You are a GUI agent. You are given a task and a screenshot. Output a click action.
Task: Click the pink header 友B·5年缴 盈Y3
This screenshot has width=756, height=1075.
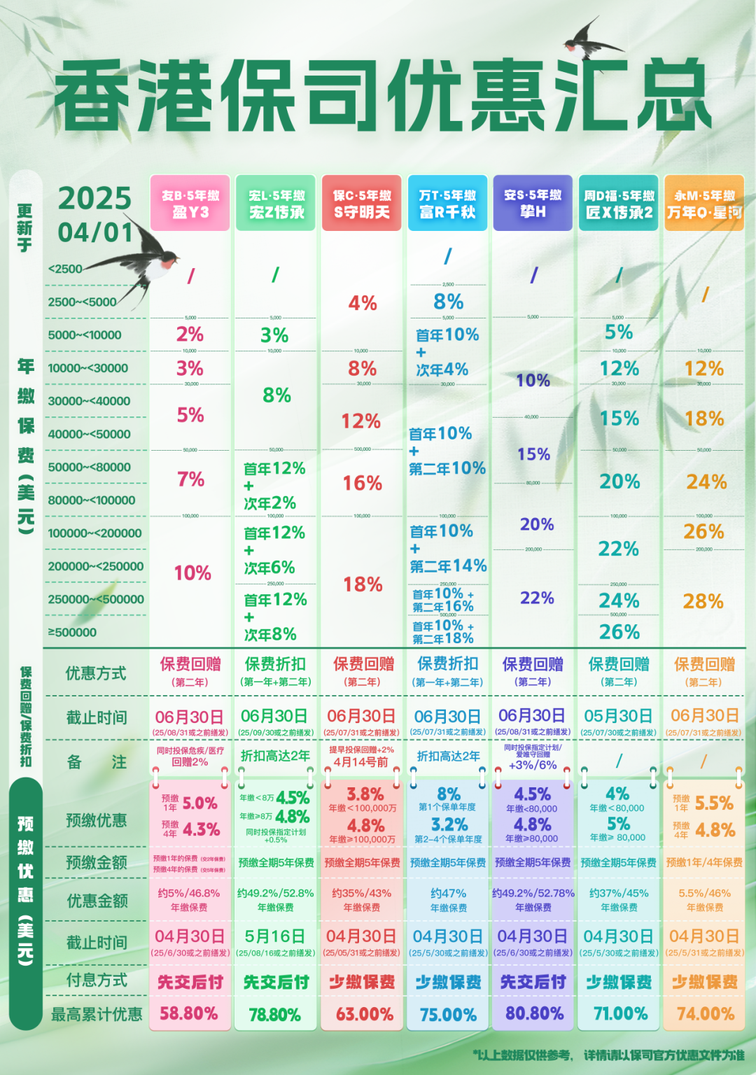coord(190,204)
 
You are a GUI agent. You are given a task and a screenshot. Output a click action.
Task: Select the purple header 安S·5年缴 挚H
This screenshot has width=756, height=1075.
coord(533,204)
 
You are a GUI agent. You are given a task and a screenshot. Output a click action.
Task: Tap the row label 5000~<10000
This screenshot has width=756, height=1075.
coord(85,335)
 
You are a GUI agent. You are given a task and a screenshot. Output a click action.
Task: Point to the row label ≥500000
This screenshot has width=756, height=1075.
coord(73,633)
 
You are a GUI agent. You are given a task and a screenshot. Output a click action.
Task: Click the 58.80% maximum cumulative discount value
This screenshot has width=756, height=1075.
coord(189,1013)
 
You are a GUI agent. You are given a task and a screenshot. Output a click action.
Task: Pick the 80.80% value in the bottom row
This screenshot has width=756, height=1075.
coord(533,1013)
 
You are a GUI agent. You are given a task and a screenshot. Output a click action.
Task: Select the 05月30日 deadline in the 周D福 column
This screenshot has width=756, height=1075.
coord(618,716)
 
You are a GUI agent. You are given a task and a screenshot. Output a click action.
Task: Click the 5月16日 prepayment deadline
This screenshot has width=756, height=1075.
coord(275,936)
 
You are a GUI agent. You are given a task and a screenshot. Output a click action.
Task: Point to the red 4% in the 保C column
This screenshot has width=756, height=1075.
coord(363,303)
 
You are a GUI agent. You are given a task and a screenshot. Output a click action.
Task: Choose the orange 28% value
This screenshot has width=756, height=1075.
coord(703,601)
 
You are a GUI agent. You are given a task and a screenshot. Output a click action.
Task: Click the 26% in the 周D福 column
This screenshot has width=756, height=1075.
coord(619,632)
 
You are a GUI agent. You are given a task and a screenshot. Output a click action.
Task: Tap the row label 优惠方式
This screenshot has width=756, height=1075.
coord(96,673)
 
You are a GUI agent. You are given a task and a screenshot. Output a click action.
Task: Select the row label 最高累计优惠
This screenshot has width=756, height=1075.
coord(96,1014)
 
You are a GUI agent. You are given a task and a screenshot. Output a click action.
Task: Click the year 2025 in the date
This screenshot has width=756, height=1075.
coord(94,198)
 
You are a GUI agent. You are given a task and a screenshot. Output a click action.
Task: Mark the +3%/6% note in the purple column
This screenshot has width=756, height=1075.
coord(533,765)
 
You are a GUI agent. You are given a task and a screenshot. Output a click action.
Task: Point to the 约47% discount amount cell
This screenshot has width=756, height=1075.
coord(448,894)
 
